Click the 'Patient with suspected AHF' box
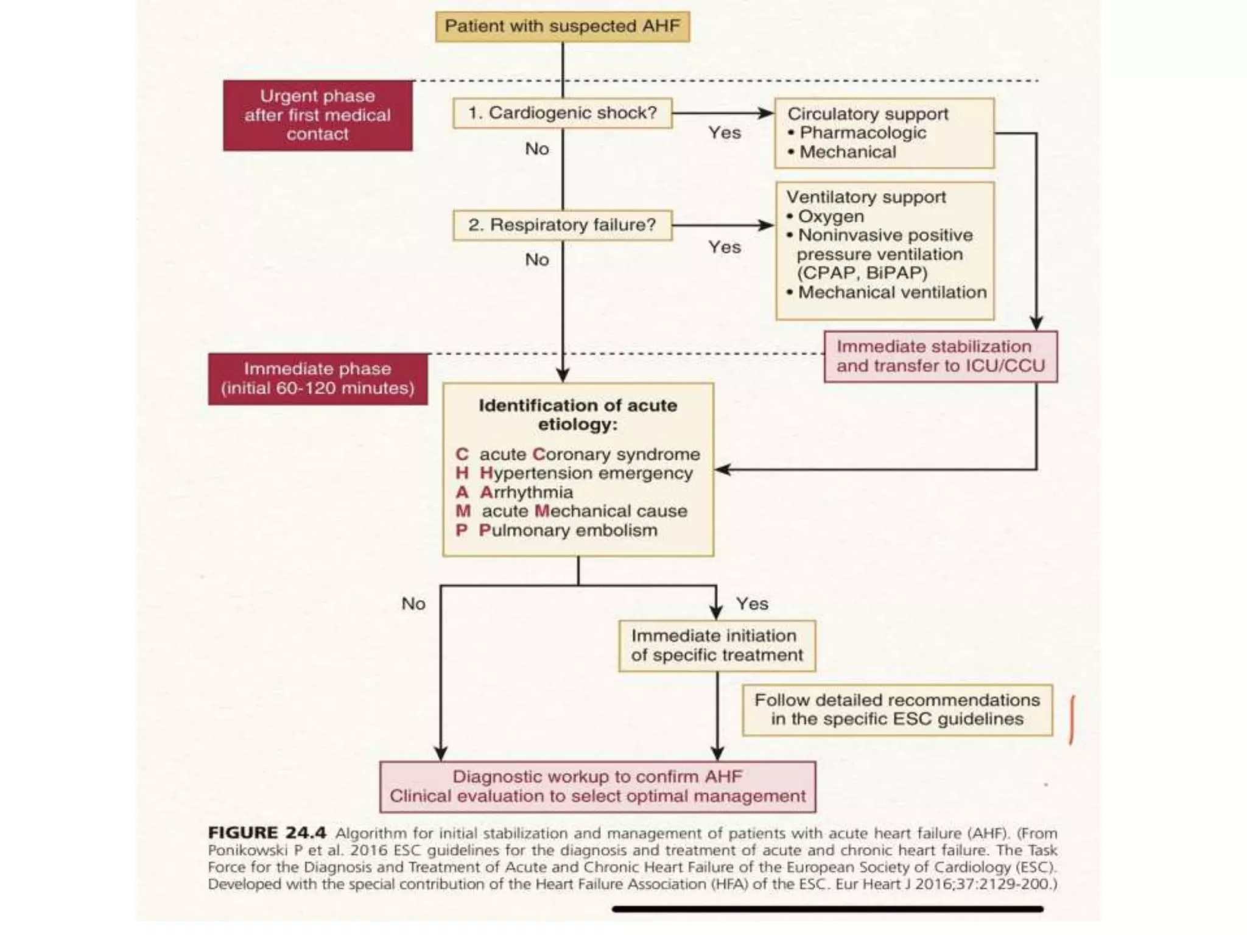(562, 27)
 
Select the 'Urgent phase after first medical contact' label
(317, 115)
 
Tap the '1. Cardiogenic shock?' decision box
(562, 113)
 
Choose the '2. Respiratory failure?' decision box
(562, 225)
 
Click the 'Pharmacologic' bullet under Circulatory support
(862, 133)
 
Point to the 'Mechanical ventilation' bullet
(891, 293)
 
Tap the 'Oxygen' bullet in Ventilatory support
(831, 217)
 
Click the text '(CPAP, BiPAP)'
(862, 273)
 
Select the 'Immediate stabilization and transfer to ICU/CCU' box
(940, 357)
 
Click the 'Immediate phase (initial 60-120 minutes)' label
(317, 379)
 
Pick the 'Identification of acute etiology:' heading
(577, 415)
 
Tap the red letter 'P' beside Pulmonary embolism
(462, 531)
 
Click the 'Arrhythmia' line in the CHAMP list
(526, 492)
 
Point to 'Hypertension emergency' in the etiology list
(586, 474)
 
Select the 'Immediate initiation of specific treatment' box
(717, 646)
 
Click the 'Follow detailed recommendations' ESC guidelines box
(897, 710)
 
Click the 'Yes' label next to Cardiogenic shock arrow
(725, 133)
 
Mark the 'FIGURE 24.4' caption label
(267, 833)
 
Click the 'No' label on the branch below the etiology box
(413, 604)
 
